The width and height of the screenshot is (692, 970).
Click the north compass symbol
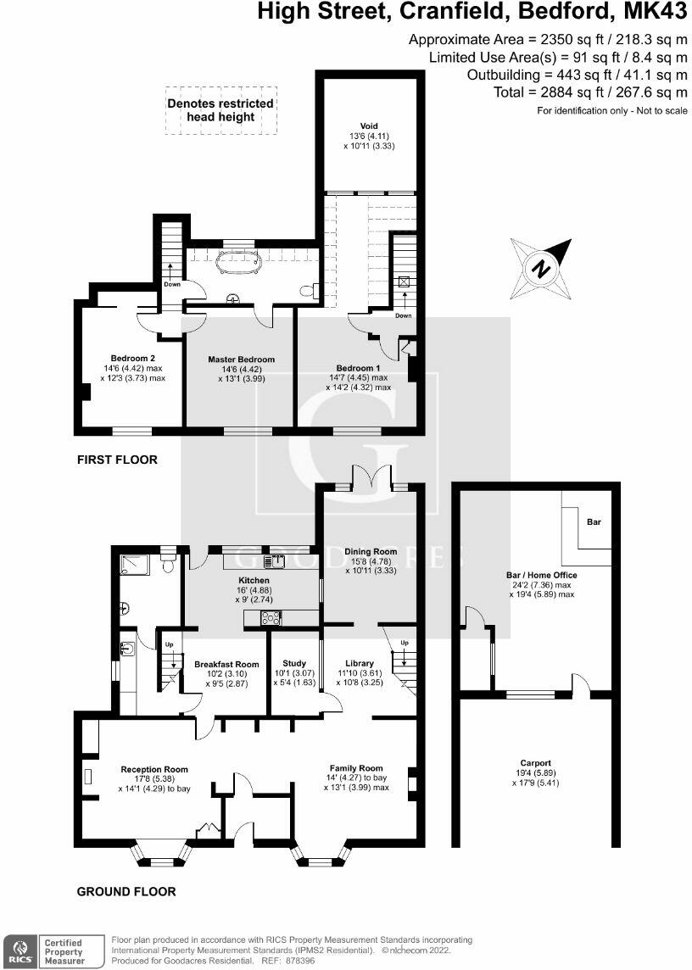pyautogui.click(x=539, y=270)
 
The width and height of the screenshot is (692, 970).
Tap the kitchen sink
pyautogui.click(x=274, y=560)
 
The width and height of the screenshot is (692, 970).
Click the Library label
pyautogui.click(x=360, y=663)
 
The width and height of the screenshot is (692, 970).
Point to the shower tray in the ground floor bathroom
pyautogui.click(x=133, y=562)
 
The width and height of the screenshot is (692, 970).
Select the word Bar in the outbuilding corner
pyautogui.click(x=594, y=522)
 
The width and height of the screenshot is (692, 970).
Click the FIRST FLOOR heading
pyautogui.click(x=117, y=460)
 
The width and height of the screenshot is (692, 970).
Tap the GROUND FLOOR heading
pyautogui.click(x=126, y=891)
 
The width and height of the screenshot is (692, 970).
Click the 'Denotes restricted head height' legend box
pyautogui.click(x=220, y=110)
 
